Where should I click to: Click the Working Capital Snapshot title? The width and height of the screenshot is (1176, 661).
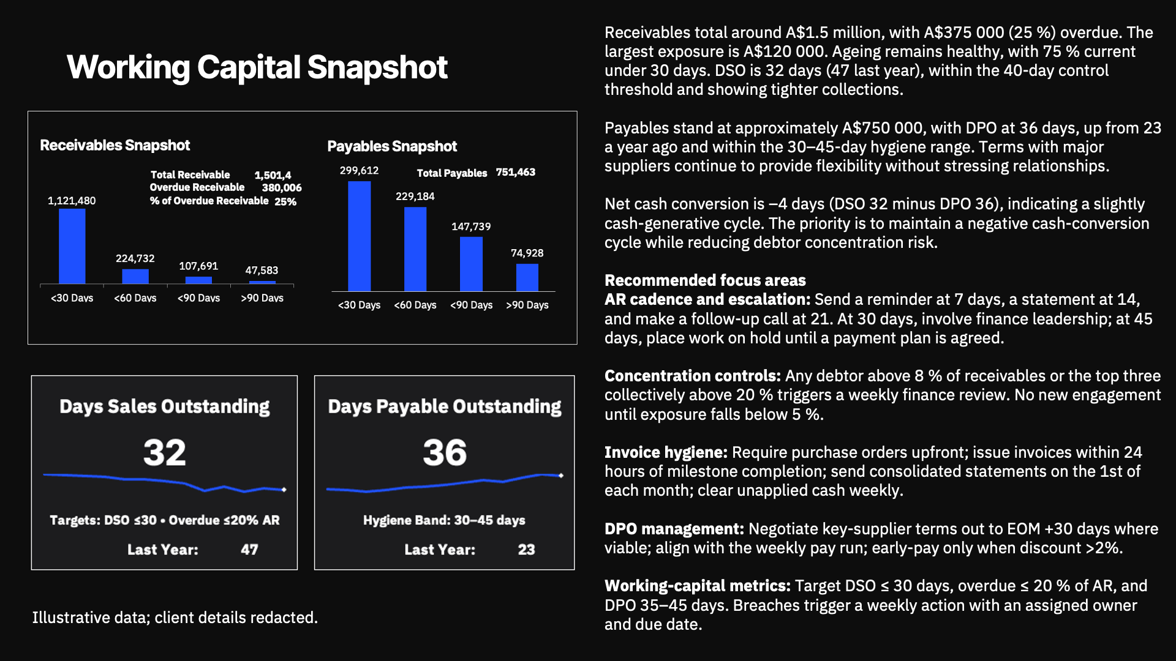257,67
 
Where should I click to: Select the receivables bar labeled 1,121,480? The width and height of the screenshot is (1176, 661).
72,246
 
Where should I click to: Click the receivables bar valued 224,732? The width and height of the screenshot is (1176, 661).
135,276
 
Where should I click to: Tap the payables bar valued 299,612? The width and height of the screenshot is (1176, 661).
360,236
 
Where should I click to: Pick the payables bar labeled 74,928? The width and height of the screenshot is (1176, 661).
527,277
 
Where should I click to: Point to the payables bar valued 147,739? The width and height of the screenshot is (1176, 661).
471,264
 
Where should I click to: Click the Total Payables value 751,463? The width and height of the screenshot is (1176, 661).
516,173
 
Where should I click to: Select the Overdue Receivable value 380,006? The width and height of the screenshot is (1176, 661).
282,188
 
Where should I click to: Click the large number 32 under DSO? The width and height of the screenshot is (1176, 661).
164,453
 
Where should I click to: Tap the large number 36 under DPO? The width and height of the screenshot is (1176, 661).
445,453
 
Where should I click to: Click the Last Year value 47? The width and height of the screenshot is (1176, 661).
249,550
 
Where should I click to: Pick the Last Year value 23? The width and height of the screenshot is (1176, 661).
526,550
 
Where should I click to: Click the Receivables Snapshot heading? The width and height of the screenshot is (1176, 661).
115,146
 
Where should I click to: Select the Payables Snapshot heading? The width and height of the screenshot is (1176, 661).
392,146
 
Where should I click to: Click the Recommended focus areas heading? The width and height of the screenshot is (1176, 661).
705,280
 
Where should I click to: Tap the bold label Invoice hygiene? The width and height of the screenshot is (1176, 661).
666,452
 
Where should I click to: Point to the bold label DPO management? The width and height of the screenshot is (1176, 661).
674,529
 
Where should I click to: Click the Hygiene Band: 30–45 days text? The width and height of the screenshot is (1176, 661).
444,520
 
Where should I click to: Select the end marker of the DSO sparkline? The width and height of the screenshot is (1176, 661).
284,490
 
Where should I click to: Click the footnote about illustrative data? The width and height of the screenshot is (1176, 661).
175,618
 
